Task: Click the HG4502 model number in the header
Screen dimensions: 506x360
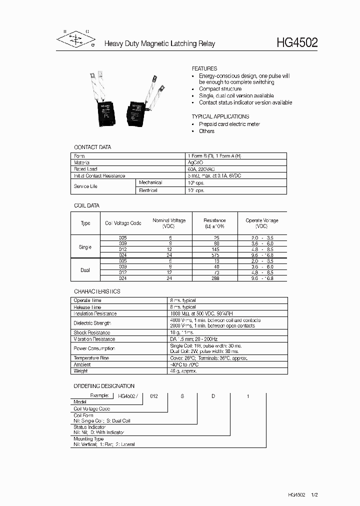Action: [297, 43]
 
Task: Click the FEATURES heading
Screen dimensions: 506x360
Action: [204, 68]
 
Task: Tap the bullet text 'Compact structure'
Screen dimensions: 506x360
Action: [220, 89]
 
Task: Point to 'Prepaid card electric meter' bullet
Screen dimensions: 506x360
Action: [229, 124]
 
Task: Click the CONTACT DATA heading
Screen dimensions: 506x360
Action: [92, 147]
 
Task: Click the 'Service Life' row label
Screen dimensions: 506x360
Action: [85, 186]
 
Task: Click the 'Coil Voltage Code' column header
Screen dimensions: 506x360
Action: [123, 223]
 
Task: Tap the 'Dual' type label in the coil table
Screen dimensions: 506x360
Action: [85, 270]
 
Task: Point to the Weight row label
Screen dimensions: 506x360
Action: [80, 371]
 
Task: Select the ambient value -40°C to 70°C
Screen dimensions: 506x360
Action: [188, 364]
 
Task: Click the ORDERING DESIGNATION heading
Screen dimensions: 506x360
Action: [104, 386]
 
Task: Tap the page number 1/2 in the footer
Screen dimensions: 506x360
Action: [314, 494]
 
